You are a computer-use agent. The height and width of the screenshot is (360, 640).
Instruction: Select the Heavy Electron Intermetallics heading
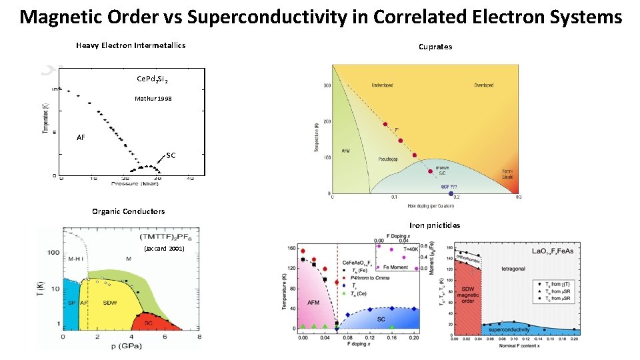131,45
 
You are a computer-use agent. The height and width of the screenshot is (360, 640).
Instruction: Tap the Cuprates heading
435,47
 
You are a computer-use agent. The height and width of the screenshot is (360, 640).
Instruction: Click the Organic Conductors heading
128,211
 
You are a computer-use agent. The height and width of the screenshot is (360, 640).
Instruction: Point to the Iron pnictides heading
435,225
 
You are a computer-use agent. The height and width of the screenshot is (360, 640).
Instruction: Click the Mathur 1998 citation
152,98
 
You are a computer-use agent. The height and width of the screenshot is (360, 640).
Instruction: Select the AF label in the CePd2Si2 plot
81,137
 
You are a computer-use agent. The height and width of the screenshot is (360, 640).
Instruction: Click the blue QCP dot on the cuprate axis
450,193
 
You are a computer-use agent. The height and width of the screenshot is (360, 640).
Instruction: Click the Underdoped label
386,85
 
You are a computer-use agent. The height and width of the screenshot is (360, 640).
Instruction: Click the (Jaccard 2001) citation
163,248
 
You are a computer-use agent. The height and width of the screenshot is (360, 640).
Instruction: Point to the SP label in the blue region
71,303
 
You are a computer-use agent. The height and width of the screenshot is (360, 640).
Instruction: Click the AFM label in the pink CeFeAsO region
313,303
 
